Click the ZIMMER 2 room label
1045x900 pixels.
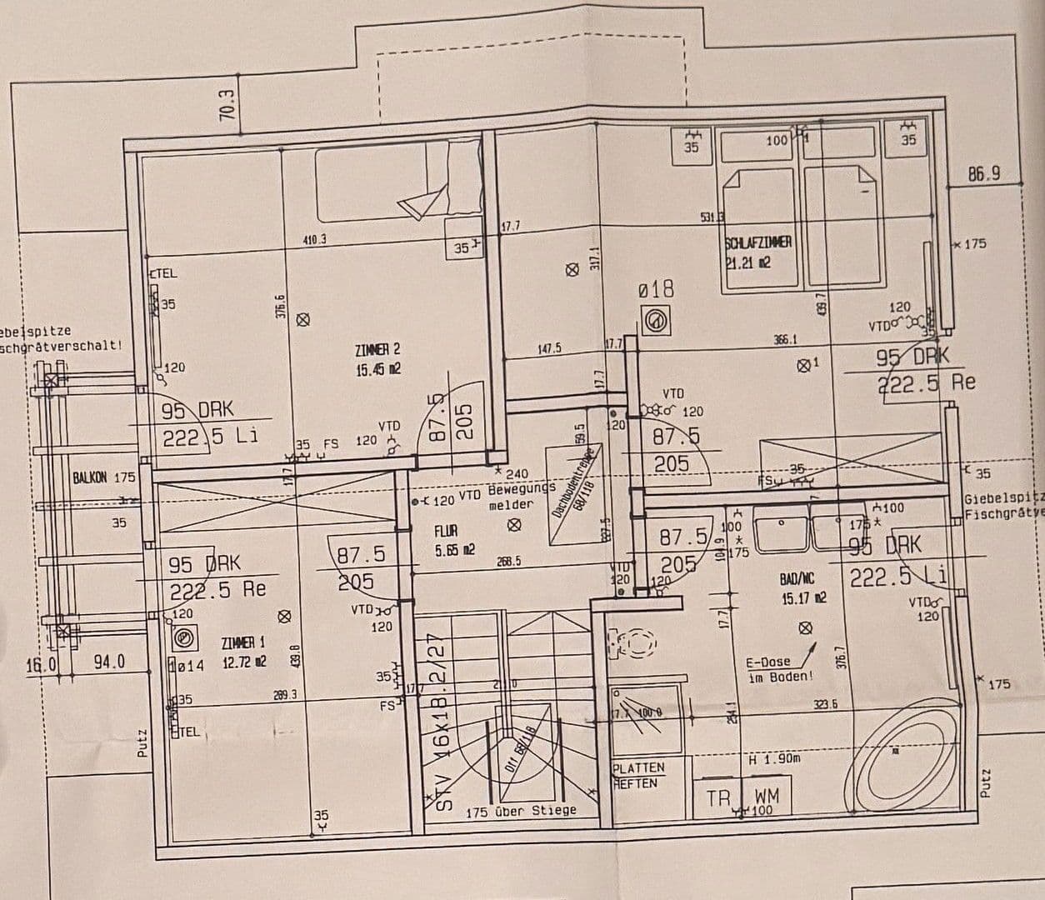click(377, 359)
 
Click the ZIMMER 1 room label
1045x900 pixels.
click(243, 652)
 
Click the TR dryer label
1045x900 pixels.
click(717, 797)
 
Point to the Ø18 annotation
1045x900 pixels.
click(656, 289)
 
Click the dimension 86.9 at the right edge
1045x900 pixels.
click(983, 174)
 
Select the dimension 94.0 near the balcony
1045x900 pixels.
click(108, 662)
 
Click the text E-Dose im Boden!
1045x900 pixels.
click(779, 669)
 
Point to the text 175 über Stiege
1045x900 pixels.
click(521, 811)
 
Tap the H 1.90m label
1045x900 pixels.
click(774, 759)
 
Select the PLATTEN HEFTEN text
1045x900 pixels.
click(638, 775)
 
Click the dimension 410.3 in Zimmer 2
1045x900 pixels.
click(314, 239)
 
